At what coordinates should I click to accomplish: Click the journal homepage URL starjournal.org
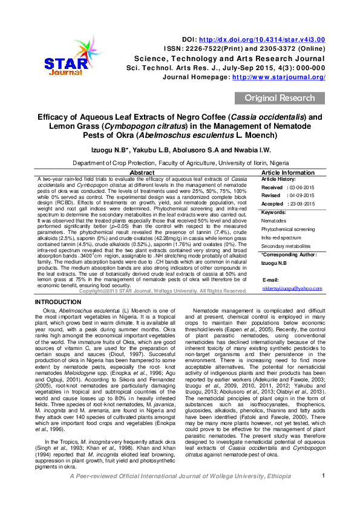[280, 77]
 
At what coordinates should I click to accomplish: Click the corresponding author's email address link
[292, 289]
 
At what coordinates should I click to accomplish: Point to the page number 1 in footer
[324, 493]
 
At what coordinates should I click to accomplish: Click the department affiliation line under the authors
[180, 163]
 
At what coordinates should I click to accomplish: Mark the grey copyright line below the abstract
[163, 291]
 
